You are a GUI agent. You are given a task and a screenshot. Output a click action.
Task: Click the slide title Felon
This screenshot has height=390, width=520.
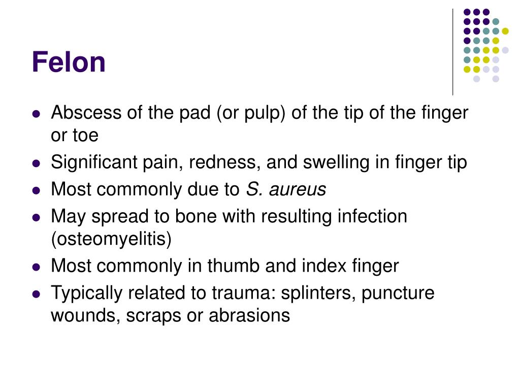[x=69, y=62]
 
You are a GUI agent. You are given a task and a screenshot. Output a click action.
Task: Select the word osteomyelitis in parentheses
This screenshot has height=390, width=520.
[x=111, y=239]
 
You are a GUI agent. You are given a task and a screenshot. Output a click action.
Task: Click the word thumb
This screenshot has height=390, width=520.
[x=236, y=266]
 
